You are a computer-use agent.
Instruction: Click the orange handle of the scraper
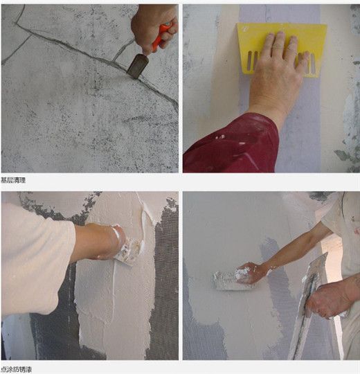(161, 36)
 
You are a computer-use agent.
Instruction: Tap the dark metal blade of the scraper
(138, 66)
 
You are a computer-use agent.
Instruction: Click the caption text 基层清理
(13, 180)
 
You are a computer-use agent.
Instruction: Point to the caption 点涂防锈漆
(17, 370)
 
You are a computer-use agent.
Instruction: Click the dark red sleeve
(231, 144)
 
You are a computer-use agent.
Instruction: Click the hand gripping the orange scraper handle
(154, 26)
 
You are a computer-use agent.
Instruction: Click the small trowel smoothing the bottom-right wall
(230, 281)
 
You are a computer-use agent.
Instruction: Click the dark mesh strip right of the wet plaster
(165, 281)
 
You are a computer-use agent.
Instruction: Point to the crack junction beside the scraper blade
(114, 62)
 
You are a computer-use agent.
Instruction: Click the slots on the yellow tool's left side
(252, 61)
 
